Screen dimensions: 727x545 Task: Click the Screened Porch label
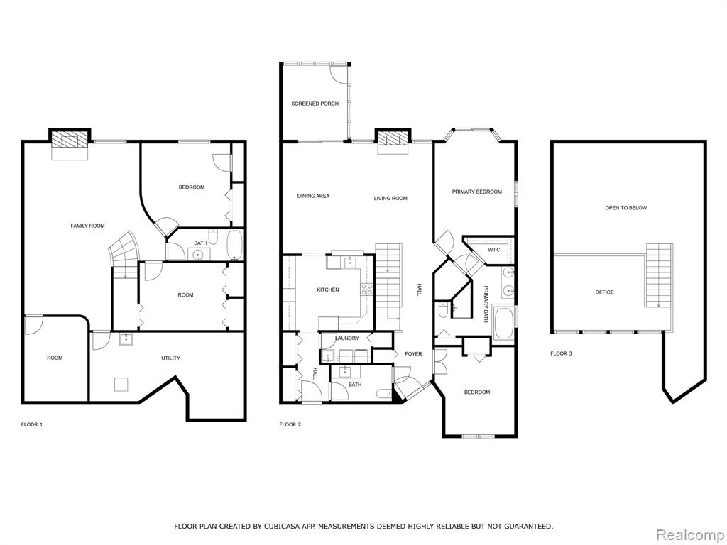[315, 104]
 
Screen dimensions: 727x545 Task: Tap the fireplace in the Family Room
[69, 141]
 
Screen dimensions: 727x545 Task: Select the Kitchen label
[328, 290]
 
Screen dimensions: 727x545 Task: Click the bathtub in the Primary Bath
[503, 324]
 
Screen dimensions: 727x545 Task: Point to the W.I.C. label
[495, 251]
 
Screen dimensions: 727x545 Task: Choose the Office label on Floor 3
[604, 292]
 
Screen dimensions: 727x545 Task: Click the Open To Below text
[625, 208]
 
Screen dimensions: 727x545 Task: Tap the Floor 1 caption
[32, 424]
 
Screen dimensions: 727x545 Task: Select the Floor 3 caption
[561, 353]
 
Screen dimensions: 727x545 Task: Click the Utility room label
[170, 358]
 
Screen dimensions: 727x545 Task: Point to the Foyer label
[413, 354]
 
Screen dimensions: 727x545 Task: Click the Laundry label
[346, 338]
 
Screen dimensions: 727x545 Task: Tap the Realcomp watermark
[690, 535]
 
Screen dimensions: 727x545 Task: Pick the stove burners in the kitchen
[367, 290]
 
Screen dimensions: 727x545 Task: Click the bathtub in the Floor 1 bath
[234, 245]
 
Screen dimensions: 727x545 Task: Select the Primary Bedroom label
[476, 192]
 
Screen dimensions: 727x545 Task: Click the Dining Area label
[313, 196]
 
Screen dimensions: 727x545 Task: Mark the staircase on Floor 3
[659, 275]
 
